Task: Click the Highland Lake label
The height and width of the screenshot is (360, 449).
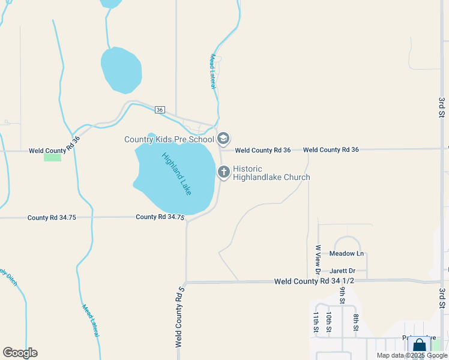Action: (x=176, y=174)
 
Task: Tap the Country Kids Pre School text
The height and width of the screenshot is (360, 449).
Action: (x=169, y=140)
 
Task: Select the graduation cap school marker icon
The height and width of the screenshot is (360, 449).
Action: (x=223, y=139)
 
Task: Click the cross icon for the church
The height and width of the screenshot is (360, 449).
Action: (x=223, y=173)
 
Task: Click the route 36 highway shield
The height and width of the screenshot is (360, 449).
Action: (x=159, y=110)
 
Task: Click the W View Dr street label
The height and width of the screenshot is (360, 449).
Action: (x=318, y=256)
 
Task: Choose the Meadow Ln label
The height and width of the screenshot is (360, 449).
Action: (x=347, y=254)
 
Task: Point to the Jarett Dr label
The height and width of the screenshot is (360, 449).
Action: (x=342, y=271)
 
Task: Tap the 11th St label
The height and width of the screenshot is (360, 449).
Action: (x=316, y=322)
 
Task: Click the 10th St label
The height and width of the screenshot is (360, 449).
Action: (x=329, y=322)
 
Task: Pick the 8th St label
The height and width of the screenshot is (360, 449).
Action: (x=355, y=322)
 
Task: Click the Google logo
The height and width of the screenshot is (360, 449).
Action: (x=20, y=353)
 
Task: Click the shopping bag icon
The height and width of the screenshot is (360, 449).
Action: (x=419, y=346)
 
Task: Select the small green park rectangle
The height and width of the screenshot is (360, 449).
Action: (x=52, y=157)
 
